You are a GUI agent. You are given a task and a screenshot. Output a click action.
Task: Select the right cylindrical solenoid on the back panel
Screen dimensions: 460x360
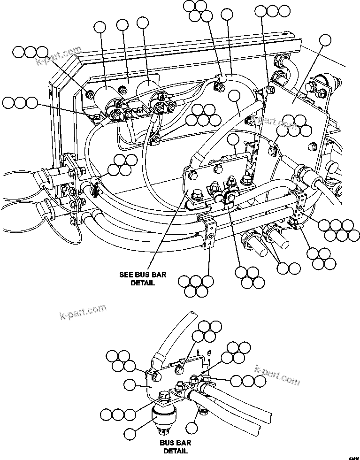[148, 90]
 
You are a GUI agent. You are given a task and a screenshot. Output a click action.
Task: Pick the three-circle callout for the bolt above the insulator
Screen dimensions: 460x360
[118, 414]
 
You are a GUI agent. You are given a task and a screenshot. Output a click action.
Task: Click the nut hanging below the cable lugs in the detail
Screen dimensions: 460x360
[203, 412]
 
